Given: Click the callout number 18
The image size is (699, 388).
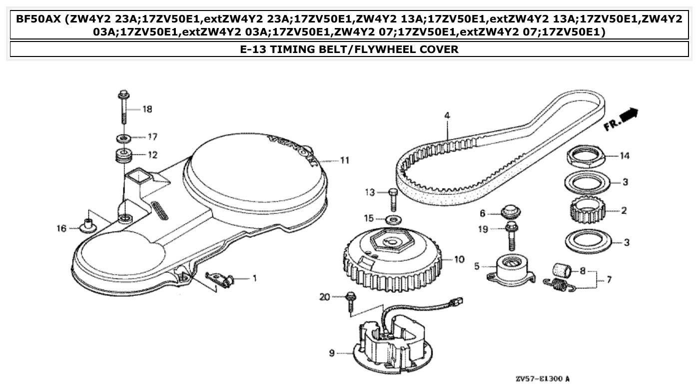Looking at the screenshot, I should click(147, 109).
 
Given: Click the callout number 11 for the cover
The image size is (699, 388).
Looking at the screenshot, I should click(344, 160).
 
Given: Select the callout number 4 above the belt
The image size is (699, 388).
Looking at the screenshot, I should click(447, 115).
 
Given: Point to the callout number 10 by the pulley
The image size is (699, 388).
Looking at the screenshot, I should click(459, 259).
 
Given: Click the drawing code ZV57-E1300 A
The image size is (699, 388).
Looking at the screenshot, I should click(542, 379).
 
